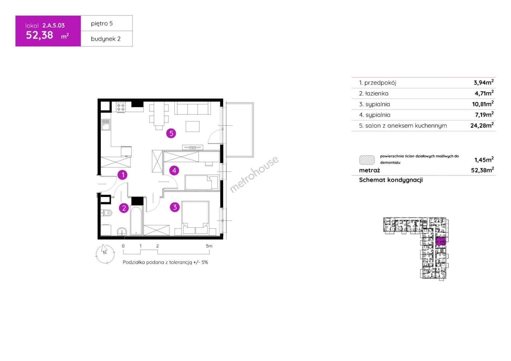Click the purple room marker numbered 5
click(171, 133)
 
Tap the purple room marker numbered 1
click(122, 175)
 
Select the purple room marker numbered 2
click(124, 208)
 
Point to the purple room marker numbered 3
click(175, 207)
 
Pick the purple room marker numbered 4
click(174, 170)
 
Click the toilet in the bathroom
click(107, 213)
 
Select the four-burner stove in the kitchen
click(121, 107)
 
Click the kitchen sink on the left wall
click(106, 125)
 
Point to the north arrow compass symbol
click(105, 254)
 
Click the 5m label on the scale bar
click(209, 246)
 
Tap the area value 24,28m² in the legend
click(482, 125)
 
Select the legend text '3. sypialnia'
click(374, 104)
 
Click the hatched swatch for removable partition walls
click(367, 160)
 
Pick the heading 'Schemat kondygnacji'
click(391, 180)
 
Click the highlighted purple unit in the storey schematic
click(440, 241)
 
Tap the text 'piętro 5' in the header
click(102, 23)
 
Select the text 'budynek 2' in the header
click(106, 39)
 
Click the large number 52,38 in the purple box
click(39, 35)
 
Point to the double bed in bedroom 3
click(195, 218)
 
